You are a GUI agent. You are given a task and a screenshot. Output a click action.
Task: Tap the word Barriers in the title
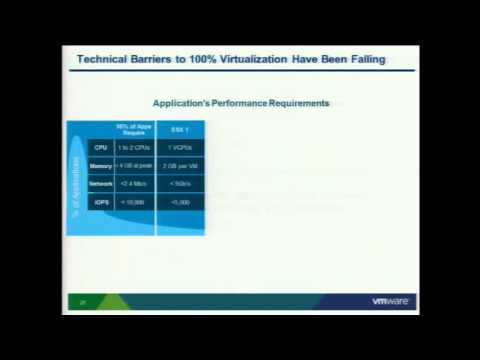point(154,60)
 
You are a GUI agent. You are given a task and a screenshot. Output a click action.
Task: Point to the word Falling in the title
point(362,60)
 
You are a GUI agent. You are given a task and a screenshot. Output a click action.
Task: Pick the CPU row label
point(100,147)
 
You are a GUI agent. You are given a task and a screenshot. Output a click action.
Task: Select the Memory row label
point(100,166)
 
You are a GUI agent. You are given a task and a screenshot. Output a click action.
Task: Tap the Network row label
point(100,184)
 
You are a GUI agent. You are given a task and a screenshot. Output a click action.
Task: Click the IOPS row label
point(100,202)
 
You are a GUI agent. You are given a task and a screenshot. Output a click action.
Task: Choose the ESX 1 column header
point(180,128)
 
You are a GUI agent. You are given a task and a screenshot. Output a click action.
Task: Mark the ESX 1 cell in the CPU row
point(180,147)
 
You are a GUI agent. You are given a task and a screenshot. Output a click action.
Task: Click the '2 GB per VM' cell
point(180,166)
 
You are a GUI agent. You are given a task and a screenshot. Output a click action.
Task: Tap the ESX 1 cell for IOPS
point(180,202)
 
